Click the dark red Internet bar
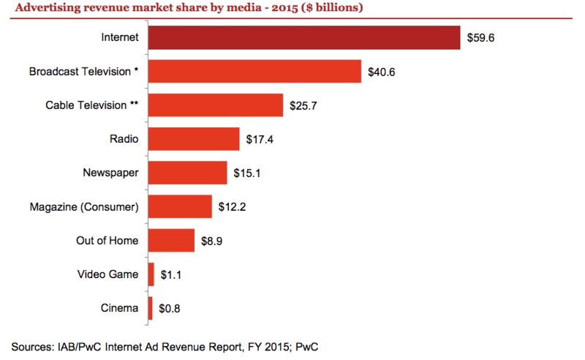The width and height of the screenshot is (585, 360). pyautogui.click(x=305, y=37)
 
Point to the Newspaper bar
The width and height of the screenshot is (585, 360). pyautogui.click(x=187, y=173)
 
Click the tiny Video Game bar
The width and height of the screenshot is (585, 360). pyautogui.click(x=151, y=274)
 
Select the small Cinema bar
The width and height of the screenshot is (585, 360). pyautogui.click(x=151, y=308)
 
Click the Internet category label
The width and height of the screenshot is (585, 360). pyautogui.click(x=121, y=38)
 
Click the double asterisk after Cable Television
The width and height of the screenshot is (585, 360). pyautogui.click(x=135, y=105)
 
